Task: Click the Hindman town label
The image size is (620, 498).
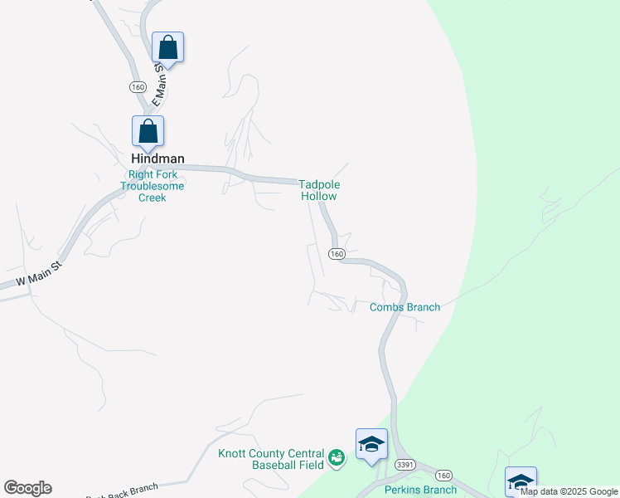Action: [x=157, y=159]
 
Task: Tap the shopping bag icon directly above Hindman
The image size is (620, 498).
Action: [x=148, y=131]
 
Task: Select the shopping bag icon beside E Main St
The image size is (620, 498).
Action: [x=167, y=47]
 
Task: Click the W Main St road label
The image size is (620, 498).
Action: [x=32, y=277]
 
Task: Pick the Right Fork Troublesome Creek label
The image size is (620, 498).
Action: [x=152, y=186]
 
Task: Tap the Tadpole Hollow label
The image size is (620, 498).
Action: [x=320, y=191]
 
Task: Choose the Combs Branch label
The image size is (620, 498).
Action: [x=404, y=307]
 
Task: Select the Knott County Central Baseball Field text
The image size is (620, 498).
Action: [x=271, y=459]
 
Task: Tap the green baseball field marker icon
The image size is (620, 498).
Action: [x=336, y=457]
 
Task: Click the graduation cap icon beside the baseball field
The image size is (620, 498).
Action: [x=371, y=445]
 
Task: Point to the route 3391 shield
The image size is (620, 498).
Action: [x=405, y=464]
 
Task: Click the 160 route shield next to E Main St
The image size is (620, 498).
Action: [x=138, y=87]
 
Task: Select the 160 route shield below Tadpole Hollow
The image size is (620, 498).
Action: [x=336, y=254]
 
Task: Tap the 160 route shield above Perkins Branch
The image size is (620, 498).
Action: [x=444, y=476]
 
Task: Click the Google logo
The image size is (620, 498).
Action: [x=27, y=488]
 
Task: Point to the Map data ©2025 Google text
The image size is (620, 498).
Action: [x=569, y=491]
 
